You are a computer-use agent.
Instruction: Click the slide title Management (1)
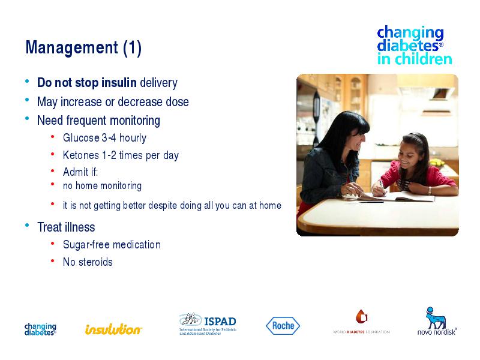[83, 48]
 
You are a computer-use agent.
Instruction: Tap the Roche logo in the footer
[283, 325]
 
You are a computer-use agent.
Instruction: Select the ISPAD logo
[208, 324]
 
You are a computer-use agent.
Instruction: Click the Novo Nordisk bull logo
[437, 321]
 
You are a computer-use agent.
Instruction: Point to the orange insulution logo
[113, 329]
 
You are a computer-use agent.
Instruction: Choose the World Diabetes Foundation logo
[361, 322]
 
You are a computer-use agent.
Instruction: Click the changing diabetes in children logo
[415, 46]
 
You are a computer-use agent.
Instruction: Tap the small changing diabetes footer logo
[40, 329]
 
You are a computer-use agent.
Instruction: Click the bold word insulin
[119, 83]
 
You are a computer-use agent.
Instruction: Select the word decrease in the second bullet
[140, 102]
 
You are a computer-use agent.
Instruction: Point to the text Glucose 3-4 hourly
[104, 138]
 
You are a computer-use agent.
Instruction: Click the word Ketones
[81, 155]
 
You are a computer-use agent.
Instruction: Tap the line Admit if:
[80, 172]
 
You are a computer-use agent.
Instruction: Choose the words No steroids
[88, 262]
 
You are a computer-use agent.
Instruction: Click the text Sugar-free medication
[112, 245]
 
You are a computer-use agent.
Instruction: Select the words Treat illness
[66, 227]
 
